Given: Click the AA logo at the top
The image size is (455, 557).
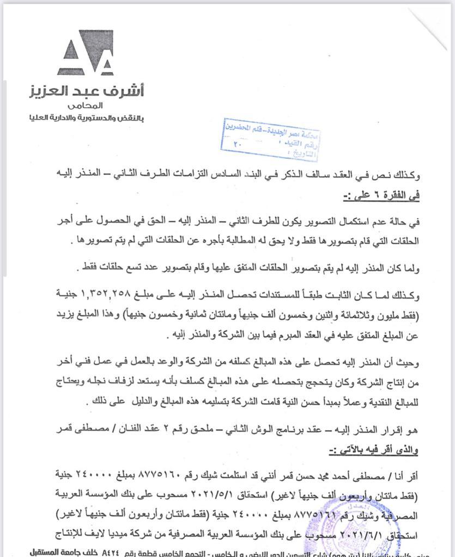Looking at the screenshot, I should pos(86,52).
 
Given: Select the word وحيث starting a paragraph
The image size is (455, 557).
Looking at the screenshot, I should pos(409,362).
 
